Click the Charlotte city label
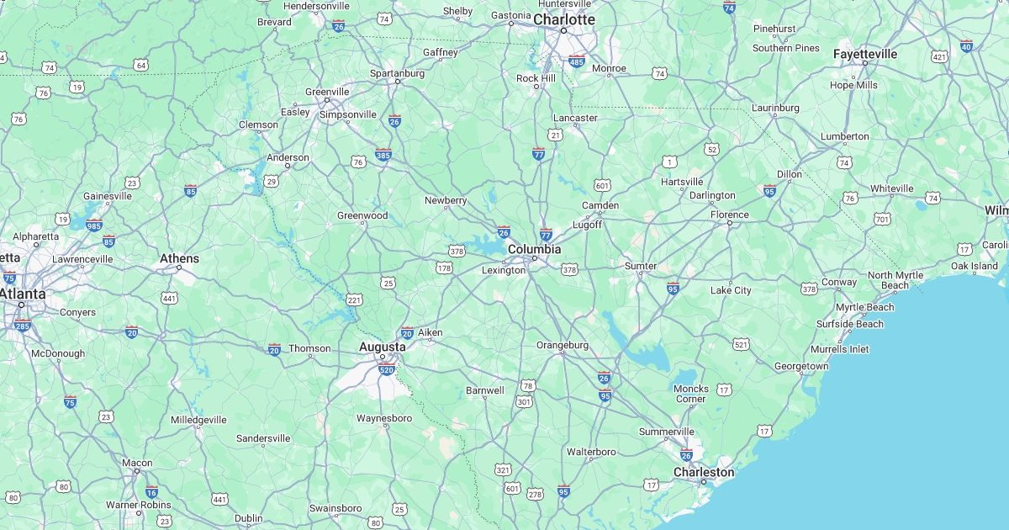click(x=563, y=19)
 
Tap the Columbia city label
click(x=534, y=250)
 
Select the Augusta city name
click(x=382, y=347)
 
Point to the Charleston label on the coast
click(x=703, y=472)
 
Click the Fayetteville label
click(x=864, y=54)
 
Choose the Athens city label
click(x=180, y=258)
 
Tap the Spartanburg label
click(x=397, y=73)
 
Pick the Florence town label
click(x=729, y=215)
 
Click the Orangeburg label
click(x=563, y=345)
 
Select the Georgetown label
click(x=800, y=366)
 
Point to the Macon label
click(x=137, y=463)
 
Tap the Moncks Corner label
click(x=690, y=394)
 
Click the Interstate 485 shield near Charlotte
click(x=576, y=61)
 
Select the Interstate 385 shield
click(x=383, y=155)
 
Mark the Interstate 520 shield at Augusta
click(x=387, y=369)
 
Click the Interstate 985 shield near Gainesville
click(x=93, y=225)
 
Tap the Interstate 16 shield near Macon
click(x=151, y=493)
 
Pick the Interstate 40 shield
click(x=966, y=46)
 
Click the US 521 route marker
click(x=741, y=344)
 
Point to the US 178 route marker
click(x=444, y=268)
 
